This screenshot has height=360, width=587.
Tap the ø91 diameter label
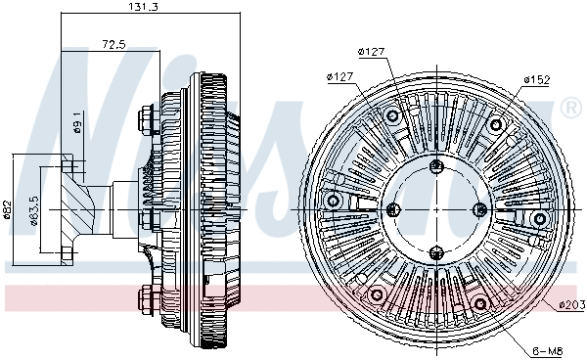click(77, 124)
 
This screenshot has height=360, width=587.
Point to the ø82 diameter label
click(7, 208)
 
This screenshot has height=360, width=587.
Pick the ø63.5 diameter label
click(33, 208)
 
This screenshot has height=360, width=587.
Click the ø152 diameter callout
click(536, 78)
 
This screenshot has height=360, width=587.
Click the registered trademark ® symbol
click(570, 106)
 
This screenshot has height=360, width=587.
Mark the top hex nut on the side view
click(146, 120)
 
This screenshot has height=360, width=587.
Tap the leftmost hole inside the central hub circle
click(393, 208)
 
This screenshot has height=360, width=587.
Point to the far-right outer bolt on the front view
click(539, 216)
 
